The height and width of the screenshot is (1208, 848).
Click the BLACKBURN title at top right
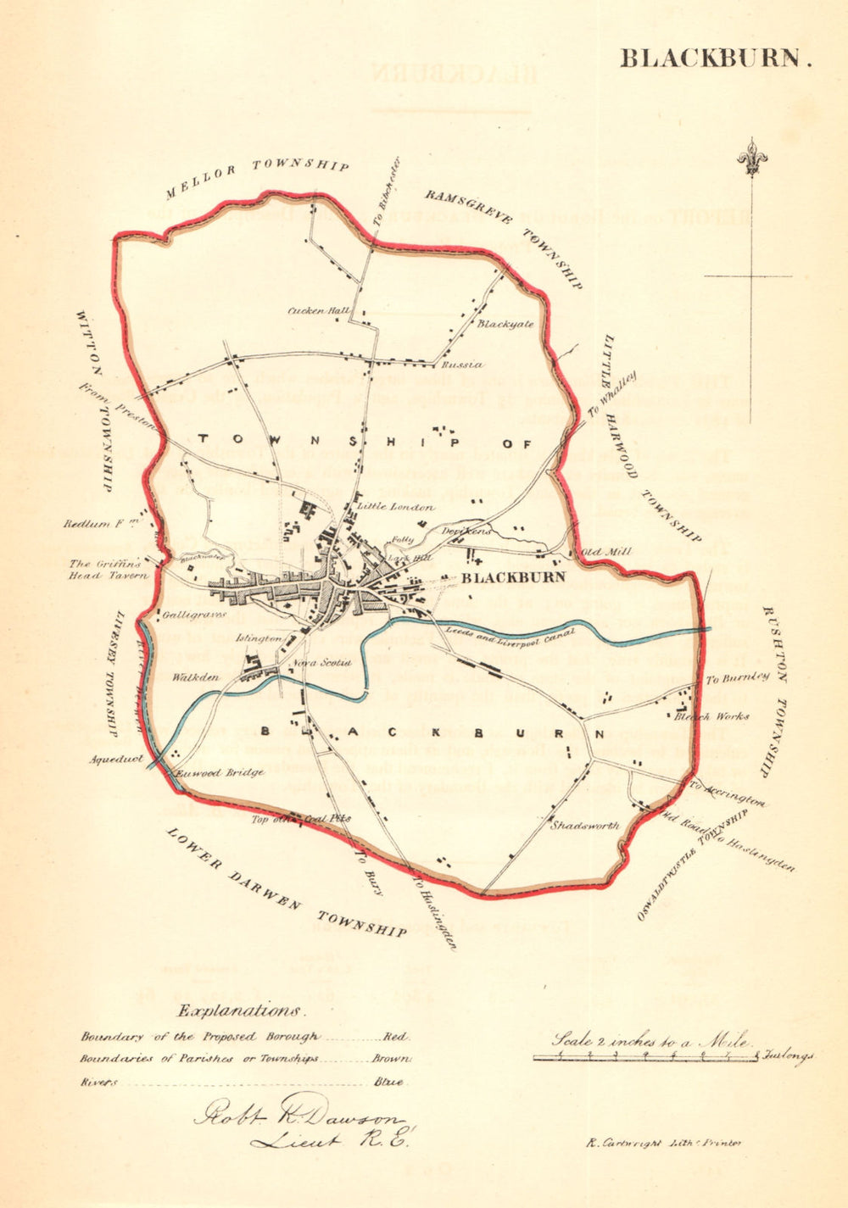point(716,58)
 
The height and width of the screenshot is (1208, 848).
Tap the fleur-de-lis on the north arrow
point(749,157)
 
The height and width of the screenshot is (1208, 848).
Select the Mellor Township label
point(257,176)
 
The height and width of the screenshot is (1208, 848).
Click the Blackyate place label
point(505,324)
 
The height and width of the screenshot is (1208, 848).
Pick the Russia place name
point(462,365)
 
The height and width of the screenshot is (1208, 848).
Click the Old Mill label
point(606,552)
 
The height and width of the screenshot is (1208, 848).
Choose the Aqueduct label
point(115,759)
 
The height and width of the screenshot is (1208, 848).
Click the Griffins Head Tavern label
point(109,569)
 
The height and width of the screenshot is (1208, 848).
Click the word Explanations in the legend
point(238,1010)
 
